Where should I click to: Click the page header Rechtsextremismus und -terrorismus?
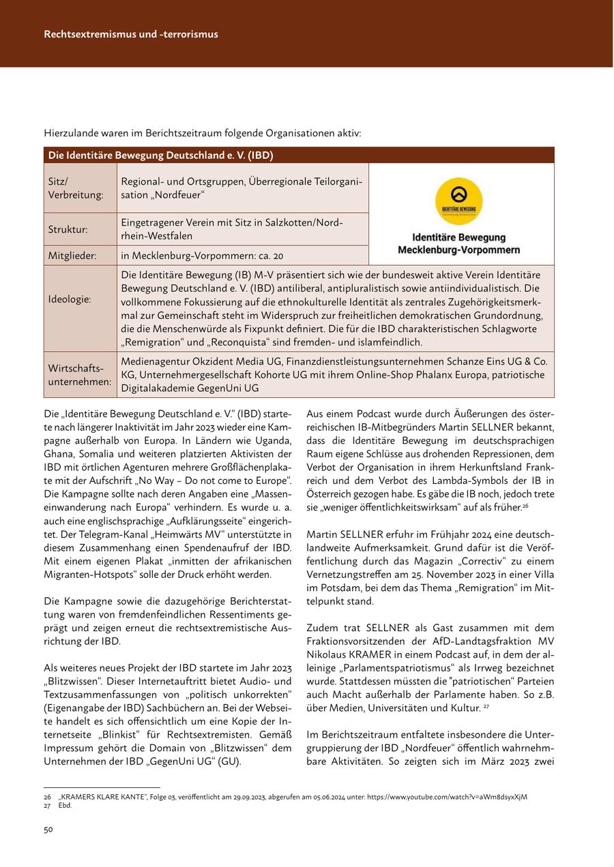[131, 34]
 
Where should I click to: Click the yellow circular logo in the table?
[458, 200]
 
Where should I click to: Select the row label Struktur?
[68, 230]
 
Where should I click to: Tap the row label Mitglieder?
[72, 256]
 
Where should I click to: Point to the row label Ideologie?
[68, 299]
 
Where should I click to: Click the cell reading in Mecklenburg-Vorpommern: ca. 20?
[202, 256]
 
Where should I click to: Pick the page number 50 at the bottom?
[49, 830]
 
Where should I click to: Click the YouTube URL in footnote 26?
[447, 797]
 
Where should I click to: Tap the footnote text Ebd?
[65, 805]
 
